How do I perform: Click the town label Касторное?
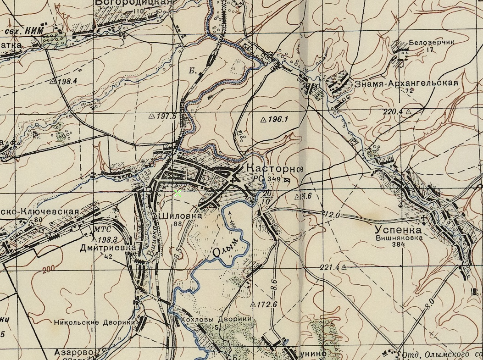pyautogui.click(x=275, y=169)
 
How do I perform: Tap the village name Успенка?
pyautogui.click(x=398, y=230)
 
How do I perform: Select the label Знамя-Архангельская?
pyautogui.click(x=406, y=83)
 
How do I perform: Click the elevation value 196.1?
pyautogui.click(x=277, y=120)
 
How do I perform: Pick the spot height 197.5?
pyautogui.click(x=166, y=116)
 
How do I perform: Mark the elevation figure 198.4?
pyautogui.click(x=66, y=81)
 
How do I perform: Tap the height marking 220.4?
pyautogui.click(x=392, y=111)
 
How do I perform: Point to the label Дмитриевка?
pyautogui.click(x=108, y=248)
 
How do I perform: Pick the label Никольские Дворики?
pyautogui.click(x=94, y=322)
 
